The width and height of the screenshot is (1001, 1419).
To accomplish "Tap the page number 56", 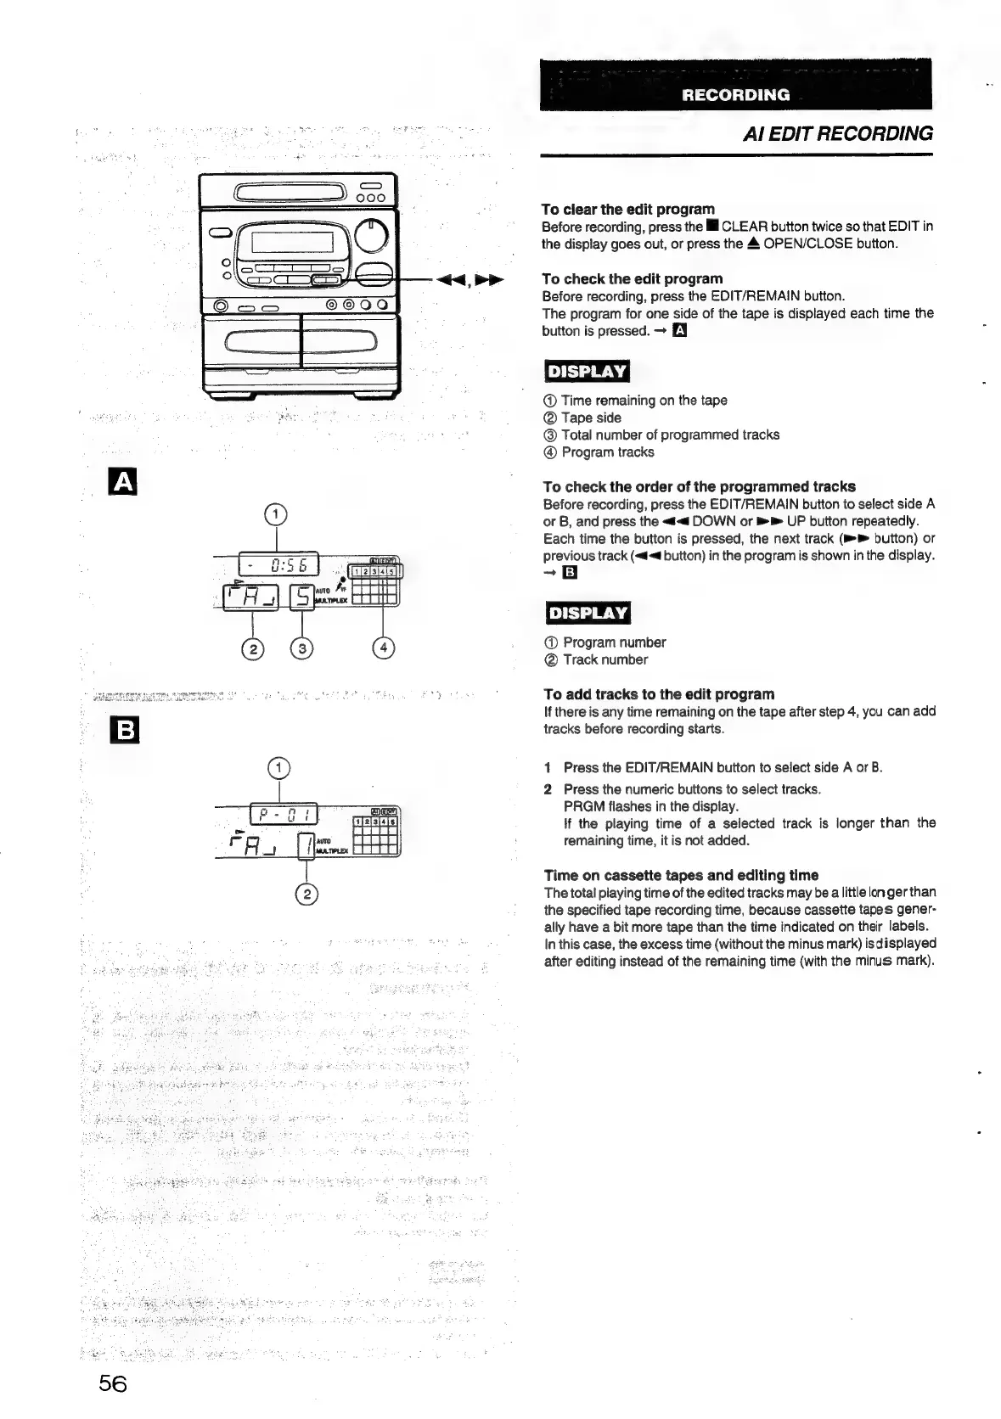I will (112, 1383).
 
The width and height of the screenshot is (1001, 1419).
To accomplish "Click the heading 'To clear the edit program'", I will (627, 209).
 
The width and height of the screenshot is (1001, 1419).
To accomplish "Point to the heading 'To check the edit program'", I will (632, 278).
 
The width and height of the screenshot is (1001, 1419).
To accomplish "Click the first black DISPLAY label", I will (587, 372).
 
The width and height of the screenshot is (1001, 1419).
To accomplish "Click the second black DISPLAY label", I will (587, 613).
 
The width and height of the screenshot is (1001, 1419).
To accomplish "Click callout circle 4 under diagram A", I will (384, 648).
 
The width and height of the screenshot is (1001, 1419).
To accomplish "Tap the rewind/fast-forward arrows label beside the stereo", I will (468, 280).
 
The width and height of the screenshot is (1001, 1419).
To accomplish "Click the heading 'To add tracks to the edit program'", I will (659, 693).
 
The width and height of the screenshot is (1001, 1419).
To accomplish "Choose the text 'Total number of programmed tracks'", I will (670, 435).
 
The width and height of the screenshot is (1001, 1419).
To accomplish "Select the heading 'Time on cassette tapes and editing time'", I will (681, 875).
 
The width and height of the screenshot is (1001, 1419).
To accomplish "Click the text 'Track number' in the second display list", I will (605, 659).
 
